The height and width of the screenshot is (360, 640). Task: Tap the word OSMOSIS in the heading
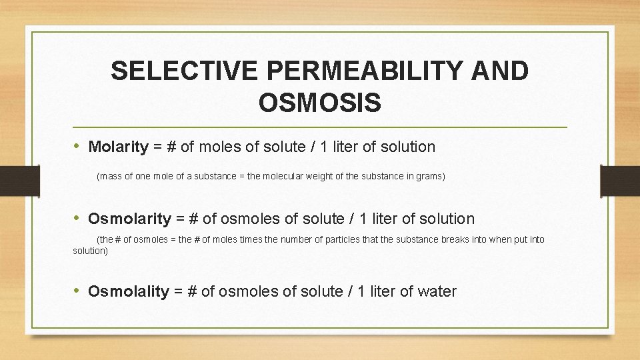pyautogui.click(x=319, y=103)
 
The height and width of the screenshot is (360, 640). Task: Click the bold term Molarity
pyautogui.click(x=118, y=147)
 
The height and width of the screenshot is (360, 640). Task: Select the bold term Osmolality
pyautogui.click(x=129, y=291)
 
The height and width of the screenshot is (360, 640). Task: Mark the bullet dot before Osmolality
pyautogui.click(x=78, y=291)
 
